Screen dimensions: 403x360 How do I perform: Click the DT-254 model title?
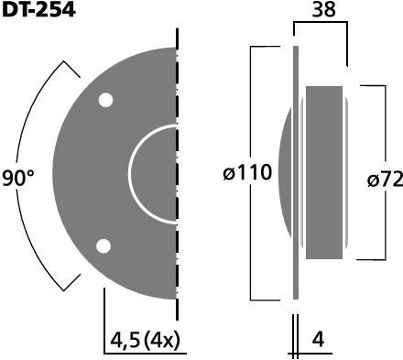(38, 10)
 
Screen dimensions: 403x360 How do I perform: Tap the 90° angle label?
(18, 179)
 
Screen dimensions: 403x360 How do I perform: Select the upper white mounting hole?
(105, 100)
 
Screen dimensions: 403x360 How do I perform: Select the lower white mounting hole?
(103, 246)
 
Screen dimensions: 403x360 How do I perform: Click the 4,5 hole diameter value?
(125, 340)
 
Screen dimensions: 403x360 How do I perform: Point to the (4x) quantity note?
(162, 340)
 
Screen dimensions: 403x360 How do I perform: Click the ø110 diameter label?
(247, 172)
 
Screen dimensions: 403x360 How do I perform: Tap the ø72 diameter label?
(386, 180)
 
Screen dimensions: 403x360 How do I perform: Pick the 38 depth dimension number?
(323, 9)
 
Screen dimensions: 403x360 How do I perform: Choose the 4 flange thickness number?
(318, 339)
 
